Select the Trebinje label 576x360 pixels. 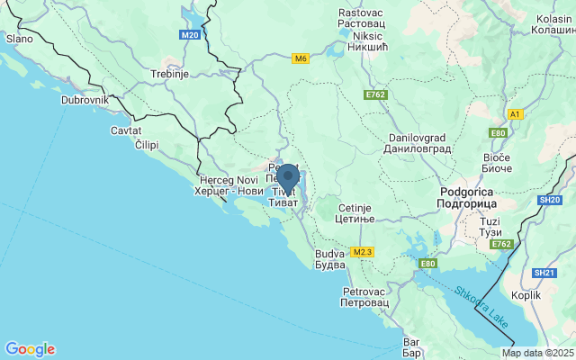tap(168, 75)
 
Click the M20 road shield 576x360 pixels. tap(189, 34)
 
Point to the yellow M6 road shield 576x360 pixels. tap(301, 58)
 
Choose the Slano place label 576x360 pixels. tap(19, 39)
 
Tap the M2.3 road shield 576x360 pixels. tap(362, 251)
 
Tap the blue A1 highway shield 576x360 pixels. tap(515, 114)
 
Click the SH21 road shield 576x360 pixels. tap(544, 273)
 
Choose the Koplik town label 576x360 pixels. tap(525, 294)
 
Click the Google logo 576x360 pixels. tap(30, 349)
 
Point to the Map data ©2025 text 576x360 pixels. tap(537, 353)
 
